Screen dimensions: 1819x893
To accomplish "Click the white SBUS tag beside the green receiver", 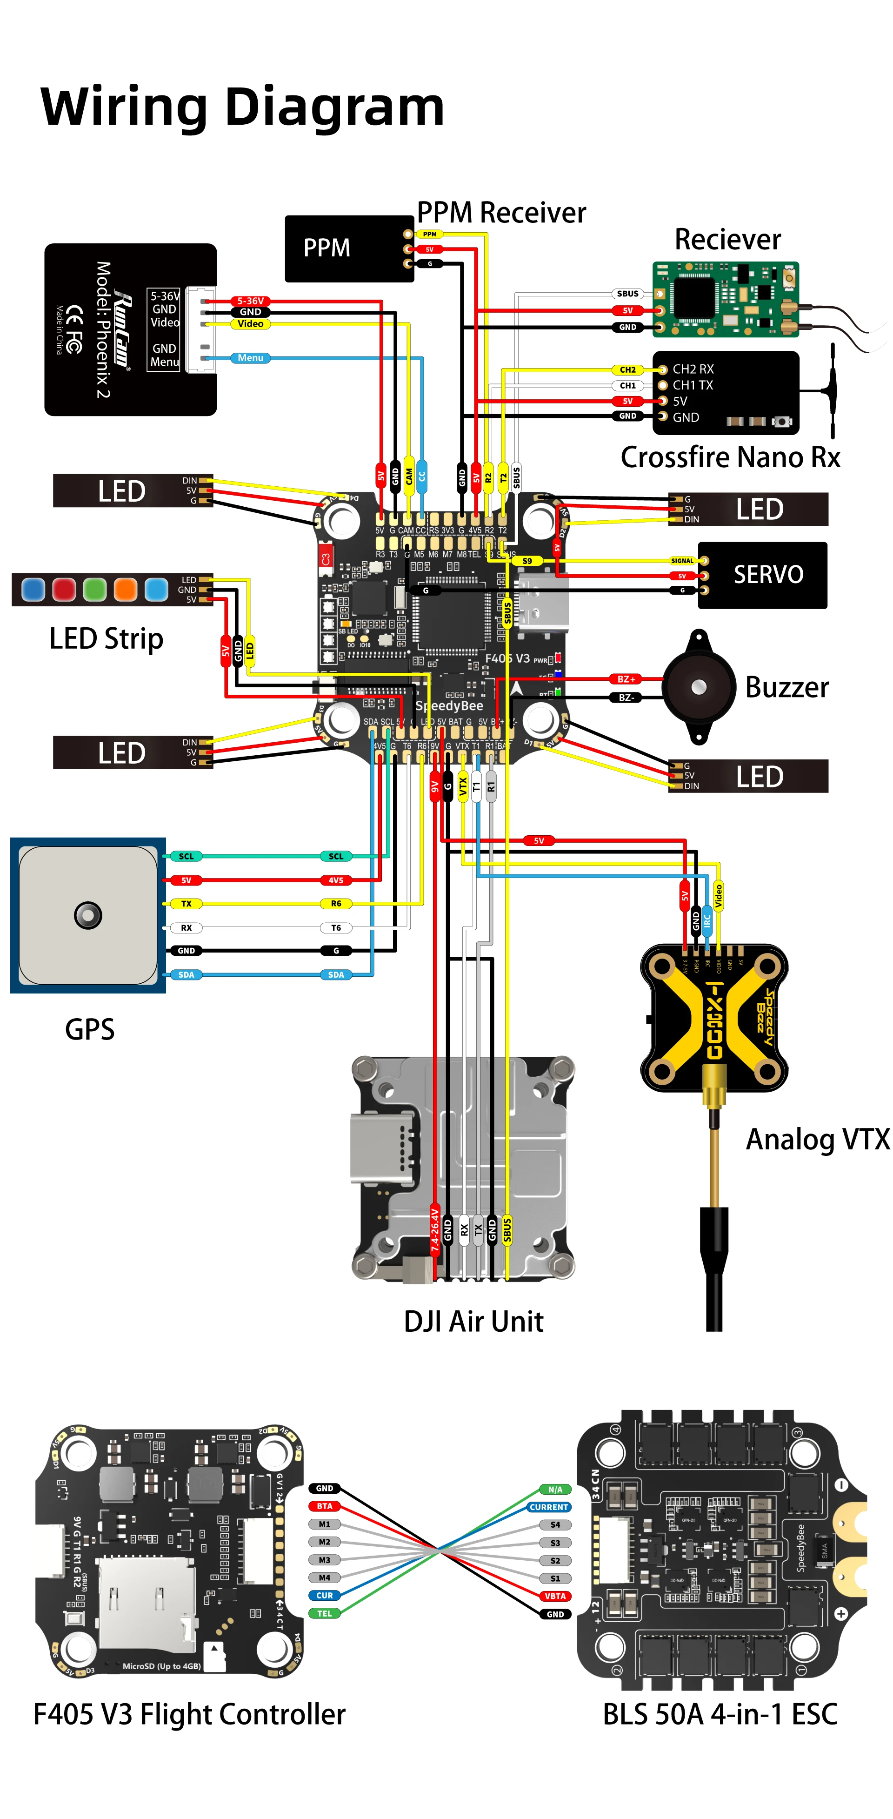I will [x=627, y=294].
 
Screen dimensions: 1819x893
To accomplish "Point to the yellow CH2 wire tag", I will [x=627, y=369].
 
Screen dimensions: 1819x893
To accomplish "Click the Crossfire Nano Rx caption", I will [x=730, y=457].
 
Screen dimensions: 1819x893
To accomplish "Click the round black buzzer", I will [x=698, y=687].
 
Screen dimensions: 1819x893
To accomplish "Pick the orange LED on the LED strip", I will [x=126, y=589].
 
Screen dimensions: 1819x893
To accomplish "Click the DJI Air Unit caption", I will [x=473, y=1321].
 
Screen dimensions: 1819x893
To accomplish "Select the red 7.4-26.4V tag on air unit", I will [x=435, y=1230].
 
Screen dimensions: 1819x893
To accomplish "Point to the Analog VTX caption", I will [x=818, y=1139].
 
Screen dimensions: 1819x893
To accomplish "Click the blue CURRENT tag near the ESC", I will [x=548, y=1507].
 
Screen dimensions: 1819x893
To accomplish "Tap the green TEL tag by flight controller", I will [x=324, y=1613].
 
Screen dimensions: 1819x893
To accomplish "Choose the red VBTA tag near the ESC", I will [x=555, y=1596].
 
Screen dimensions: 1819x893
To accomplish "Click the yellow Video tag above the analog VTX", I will [x=718, y=895].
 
